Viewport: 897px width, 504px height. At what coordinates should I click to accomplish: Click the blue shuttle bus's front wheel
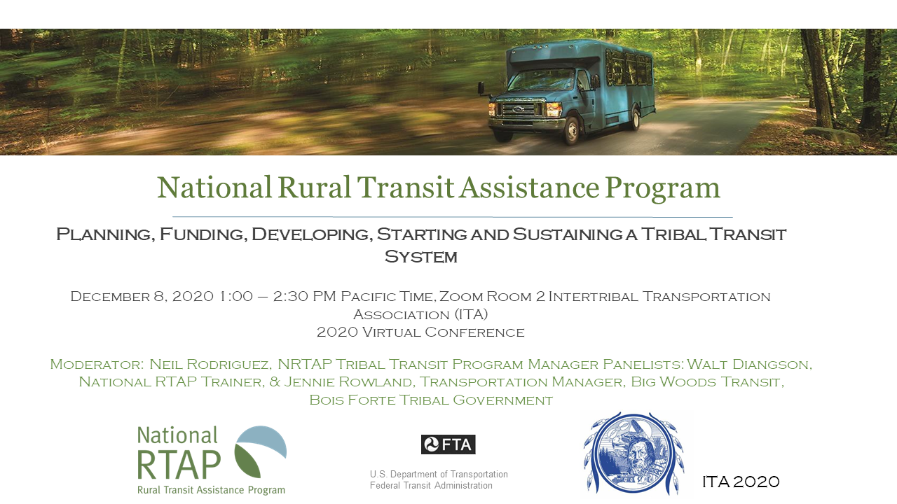pyautogui.click(x=571, y=129)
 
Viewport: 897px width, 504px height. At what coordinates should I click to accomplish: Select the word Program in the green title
pyautogui.click(x=662, y=188)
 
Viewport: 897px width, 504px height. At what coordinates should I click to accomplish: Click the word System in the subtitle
pyautogui.click(x=420, y=257)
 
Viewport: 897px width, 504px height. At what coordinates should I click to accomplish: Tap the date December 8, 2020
pyautogui.click(x=142, y=296)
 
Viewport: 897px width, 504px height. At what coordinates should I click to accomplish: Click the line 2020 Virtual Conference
pyautogui.click(x=420, y=332)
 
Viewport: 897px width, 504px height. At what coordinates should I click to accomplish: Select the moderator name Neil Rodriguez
pyautogui.click(x=210, y=365)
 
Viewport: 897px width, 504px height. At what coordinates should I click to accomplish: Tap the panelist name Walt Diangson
pyautogui.click(x=749, y=365)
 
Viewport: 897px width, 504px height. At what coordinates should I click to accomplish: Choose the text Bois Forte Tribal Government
pyautogui.click(x=431, y=400)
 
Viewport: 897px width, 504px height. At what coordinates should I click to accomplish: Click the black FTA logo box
pyautogui.click(x=448, y=444)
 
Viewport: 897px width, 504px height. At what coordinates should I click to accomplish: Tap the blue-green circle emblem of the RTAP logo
pyautogui.click(x=260, y=451)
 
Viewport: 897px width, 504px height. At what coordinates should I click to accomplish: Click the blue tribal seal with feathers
pyautogui.click(x=634, y=454)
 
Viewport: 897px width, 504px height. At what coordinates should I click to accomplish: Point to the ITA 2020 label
pyautogui.click(x=741, y=482)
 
